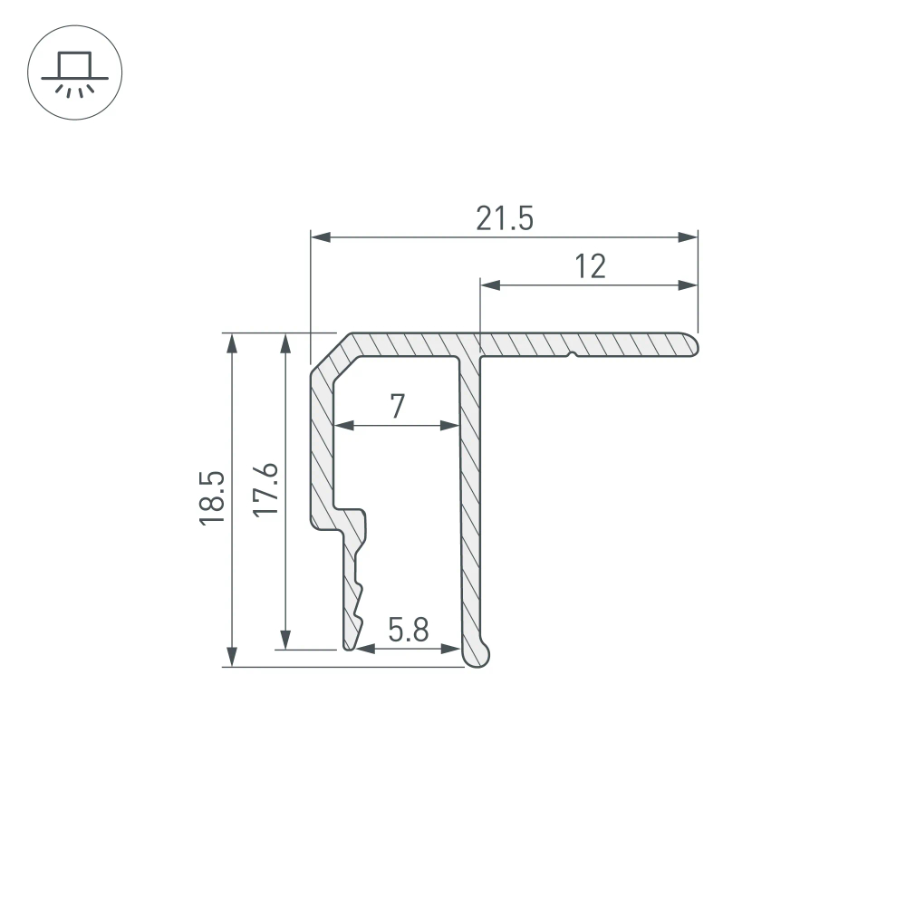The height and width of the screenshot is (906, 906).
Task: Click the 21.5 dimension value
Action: click(x=505, y=219)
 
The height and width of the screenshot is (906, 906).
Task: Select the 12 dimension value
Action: click(x=590, y=266)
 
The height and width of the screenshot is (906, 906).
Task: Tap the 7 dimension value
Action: click(x=397, y=407)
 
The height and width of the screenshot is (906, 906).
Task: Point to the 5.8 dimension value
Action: click(x=409, y=630)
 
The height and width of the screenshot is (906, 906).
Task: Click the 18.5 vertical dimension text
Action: click(x=211, y=498)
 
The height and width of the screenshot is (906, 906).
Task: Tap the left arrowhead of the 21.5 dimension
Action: click(x=320, y=237)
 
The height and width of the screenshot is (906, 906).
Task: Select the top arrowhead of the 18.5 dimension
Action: click(x=233, y=342)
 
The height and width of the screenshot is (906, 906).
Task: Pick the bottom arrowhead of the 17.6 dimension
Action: click(x=286, y=641)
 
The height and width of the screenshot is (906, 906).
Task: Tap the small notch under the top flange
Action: click(x=572, y=355)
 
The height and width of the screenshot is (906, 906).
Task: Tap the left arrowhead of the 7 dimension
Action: click(x=342, y=425)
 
